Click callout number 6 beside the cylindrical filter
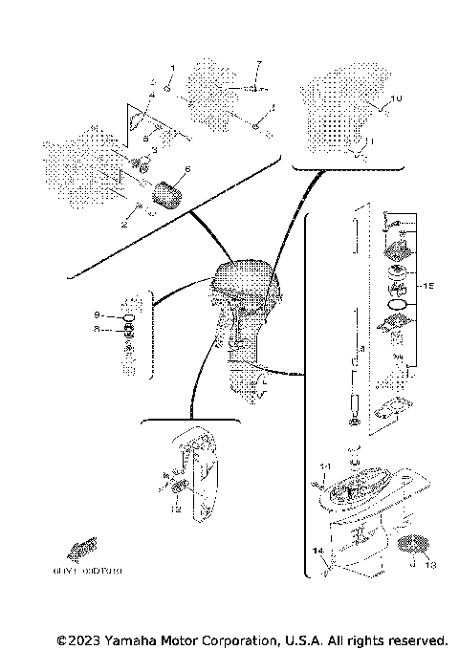pos(187,169)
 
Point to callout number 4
pos(151,97)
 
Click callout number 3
pos(154,150)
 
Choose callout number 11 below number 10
pos(373,141)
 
